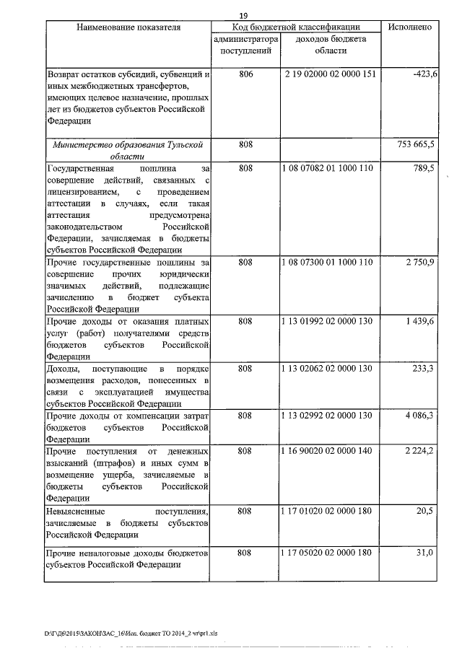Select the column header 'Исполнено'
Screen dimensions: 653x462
pyautogui.click(x=409, y=27)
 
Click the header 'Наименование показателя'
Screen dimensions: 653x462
pyautogui.click(x=126, y=27)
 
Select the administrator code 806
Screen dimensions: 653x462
pyautogui.click(x=245, y=76)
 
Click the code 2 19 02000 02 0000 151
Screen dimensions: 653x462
pyautogui.click(x=329, y=76)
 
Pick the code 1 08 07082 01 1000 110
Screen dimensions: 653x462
pyautogui.click(x=329, y=168)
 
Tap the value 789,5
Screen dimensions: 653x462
pyautogui.click(x=422, y=168)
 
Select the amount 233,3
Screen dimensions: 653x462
pyautogui.click(x=422, y=368)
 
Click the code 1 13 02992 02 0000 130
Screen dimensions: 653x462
pyautogui.click(x=329, y=416)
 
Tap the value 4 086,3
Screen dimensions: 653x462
pyautogui.click(x=419, y=416)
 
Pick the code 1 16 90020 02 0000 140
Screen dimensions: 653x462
pyautogui.click(x=329, y=451)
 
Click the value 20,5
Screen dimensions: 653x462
pyautogui.click(x=424, y=511)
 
